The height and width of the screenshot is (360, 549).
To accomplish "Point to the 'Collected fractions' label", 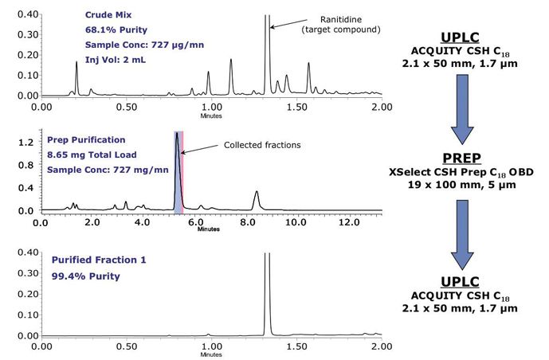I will point(263,145).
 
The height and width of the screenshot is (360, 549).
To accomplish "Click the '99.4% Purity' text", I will point(85,276).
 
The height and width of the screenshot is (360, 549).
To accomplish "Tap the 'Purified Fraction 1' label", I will point(98,260).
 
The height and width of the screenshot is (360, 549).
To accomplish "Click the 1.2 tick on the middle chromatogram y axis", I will point(25,142).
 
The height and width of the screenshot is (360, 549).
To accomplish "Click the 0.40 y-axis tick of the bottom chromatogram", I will point(22,253).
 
